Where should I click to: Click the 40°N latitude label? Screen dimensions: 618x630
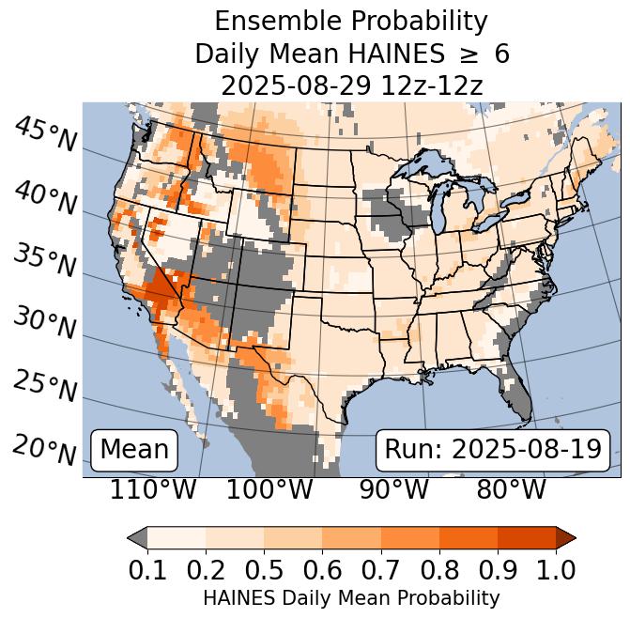46,197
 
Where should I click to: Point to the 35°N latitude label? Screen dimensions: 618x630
46,260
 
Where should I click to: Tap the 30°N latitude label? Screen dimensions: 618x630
46,323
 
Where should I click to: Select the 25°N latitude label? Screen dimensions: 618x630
46,386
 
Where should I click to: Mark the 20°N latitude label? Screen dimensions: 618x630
46,449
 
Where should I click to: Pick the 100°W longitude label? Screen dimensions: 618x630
269,490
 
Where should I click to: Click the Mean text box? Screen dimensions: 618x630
134,450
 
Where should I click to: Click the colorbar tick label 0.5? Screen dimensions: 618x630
264,569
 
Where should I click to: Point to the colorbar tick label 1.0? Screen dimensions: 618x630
555,569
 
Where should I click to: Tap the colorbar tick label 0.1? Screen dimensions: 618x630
147,569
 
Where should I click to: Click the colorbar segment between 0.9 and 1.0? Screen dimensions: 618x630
526,537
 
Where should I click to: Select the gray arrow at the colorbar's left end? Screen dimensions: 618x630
137,537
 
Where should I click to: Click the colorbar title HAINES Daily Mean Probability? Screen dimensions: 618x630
351,597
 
